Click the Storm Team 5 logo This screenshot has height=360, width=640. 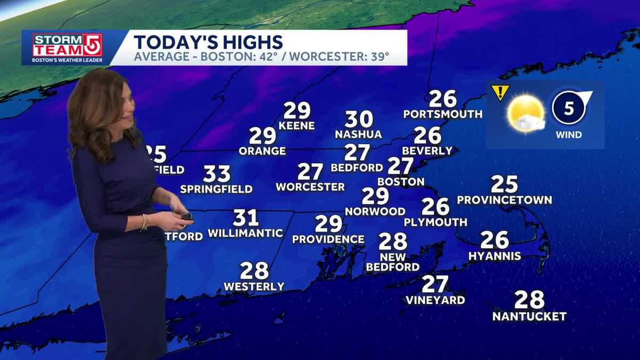point(67,47)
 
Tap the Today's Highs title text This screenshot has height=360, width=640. point(208,42)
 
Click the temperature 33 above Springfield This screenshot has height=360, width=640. point(217,174)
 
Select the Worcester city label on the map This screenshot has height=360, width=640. point(310,187)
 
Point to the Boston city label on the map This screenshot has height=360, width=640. point(401,182)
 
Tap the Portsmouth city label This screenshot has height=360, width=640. point(443,114)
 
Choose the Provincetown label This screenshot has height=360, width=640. point(504,201)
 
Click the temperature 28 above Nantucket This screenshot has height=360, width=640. point(529,300)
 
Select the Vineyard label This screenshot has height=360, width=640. point(435,300)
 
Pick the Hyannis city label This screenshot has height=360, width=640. point(494,257)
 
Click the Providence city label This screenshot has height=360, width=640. point(328,239)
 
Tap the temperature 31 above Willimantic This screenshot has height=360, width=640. point(245,218)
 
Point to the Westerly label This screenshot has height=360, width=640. point(254,287)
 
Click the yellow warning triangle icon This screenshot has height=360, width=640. point(500,92)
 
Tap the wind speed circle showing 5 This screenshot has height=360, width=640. point(569,108)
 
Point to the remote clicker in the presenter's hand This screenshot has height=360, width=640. point(186,216)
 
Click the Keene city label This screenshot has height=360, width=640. point(297,126)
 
